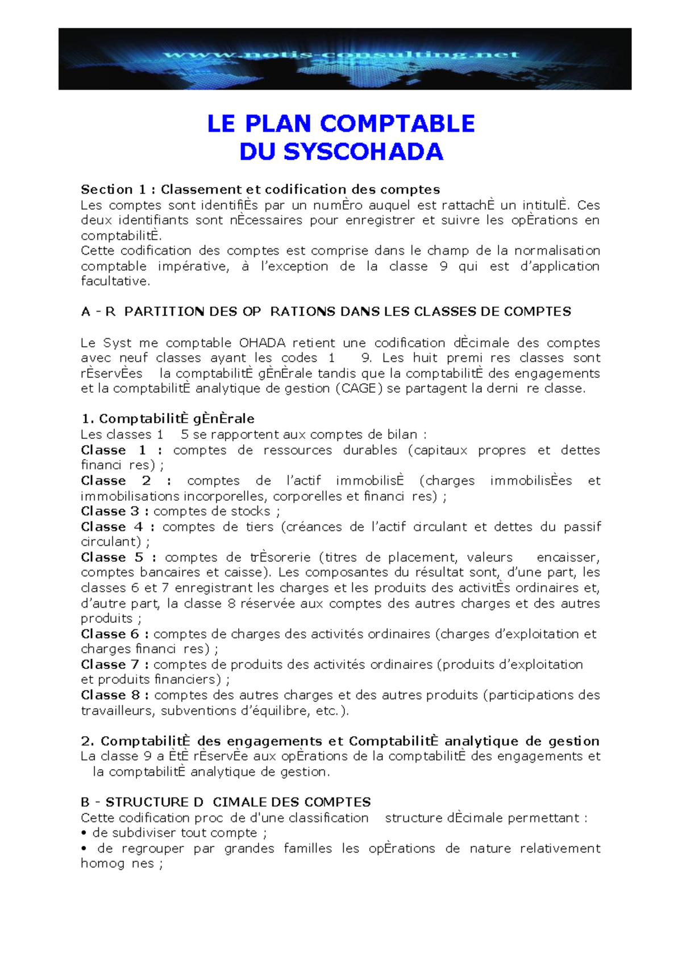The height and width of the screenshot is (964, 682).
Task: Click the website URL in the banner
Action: click(342, 55)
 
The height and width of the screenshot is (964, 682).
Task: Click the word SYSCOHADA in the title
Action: click(363, 152)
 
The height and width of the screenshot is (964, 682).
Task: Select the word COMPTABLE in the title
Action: click(397, 123)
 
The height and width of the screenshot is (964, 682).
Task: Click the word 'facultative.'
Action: click(115, 281)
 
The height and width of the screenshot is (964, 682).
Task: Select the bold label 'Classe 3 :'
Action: click(115, 511)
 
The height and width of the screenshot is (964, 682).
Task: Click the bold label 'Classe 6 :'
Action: click(115, 634)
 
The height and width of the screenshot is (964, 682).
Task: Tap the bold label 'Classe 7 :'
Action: click(115, 664)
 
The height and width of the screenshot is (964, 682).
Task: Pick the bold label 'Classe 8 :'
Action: click(115, 695)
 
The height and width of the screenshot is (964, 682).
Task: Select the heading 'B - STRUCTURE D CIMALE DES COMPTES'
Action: click(226, 803)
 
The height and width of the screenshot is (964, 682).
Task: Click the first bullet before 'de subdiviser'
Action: click(84, 833)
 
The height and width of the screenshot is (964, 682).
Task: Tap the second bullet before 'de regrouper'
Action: click(84, 849)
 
